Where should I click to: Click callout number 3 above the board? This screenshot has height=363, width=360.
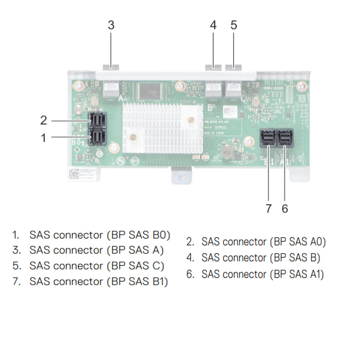click(111, 25)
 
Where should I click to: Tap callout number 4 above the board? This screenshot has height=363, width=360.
click(213, 25)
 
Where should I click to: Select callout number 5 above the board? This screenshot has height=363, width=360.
click(234, 25)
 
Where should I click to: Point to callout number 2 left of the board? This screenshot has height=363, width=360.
click(44, 121)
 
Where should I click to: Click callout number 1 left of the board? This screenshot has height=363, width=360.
click(43, 137)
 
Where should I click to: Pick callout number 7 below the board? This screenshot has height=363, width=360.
click(268, 209)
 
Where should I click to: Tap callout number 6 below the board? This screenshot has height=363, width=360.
click(285, 209)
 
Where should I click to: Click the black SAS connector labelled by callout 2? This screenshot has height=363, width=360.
click(97, 121)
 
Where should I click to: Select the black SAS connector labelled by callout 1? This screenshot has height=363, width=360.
click(97, 137)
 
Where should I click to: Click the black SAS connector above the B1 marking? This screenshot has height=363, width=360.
click(268, 138)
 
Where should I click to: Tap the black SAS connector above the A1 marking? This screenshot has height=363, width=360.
click(285, 138)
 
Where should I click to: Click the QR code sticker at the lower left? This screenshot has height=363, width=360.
click(74, 174)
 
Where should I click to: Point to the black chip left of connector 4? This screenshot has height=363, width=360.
click(150, 91)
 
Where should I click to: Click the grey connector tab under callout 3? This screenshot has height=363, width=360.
click(111, 67)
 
